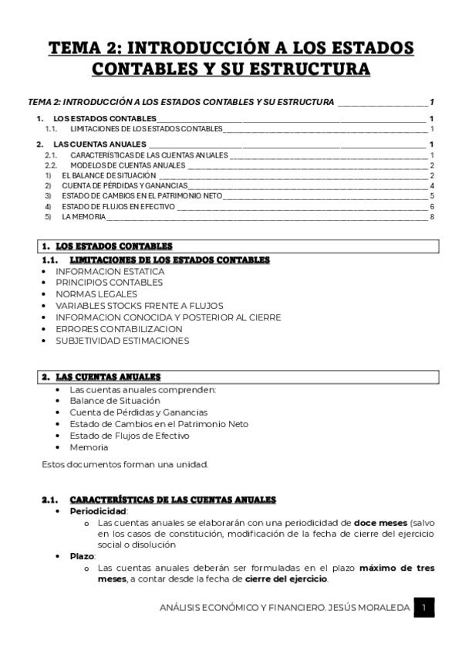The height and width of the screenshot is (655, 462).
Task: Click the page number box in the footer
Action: click(423, 609)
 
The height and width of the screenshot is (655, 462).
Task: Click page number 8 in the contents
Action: click(433, 217)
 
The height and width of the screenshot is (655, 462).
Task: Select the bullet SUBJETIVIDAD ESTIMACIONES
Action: click(122, 340)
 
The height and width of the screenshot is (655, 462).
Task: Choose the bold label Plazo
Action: click(82, 555)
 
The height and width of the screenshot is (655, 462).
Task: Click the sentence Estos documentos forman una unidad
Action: click(125, 464)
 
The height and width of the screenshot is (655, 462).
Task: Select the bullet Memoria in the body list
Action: click(89, 447)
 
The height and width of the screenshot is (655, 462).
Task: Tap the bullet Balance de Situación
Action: click(115, 401)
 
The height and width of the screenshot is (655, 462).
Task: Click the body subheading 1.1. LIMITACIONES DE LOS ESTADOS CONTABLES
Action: click(169, 260)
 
